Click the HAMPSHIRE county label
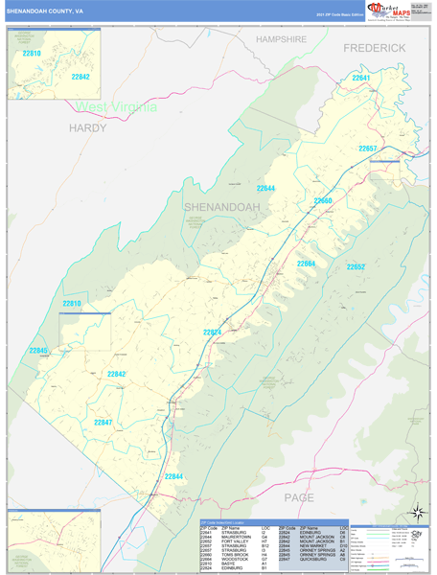280,39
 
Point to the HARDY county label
89,126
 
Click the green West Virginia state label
116,106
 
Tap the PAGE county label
300,496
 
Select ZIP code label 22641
360,78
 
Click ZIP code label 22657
369,149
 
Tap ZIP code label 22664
306,264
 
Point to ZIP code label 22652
356,266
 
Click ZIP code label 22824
213,333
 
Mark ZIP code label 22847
103,423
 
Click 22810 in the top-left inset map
32,54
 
